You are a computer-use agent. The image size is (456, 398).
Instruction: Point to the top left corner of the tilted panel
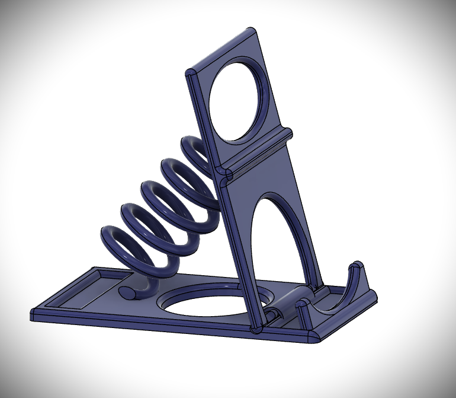coord(191,75)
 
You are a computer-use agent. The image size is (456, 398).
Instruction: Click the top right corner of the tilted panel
coord(252,30)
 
